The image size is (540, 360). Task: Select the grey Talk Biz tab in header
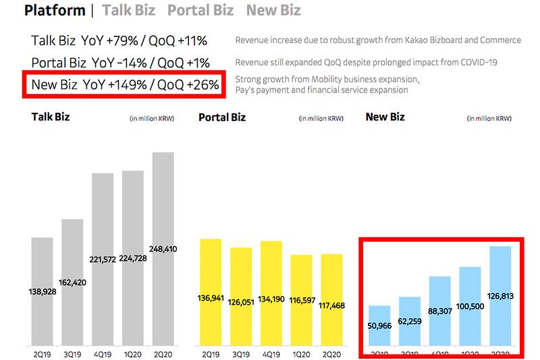tap(128, 11)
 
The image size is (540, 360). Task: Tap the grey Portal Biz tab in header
tap(200, 11)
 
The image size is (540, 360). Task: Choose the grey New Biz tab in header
tap(273, 11)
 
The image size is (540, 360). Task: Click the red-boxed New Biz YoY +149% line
tap(124, 86)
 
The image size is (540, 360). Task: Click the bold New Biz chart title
tap(385, 117)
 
